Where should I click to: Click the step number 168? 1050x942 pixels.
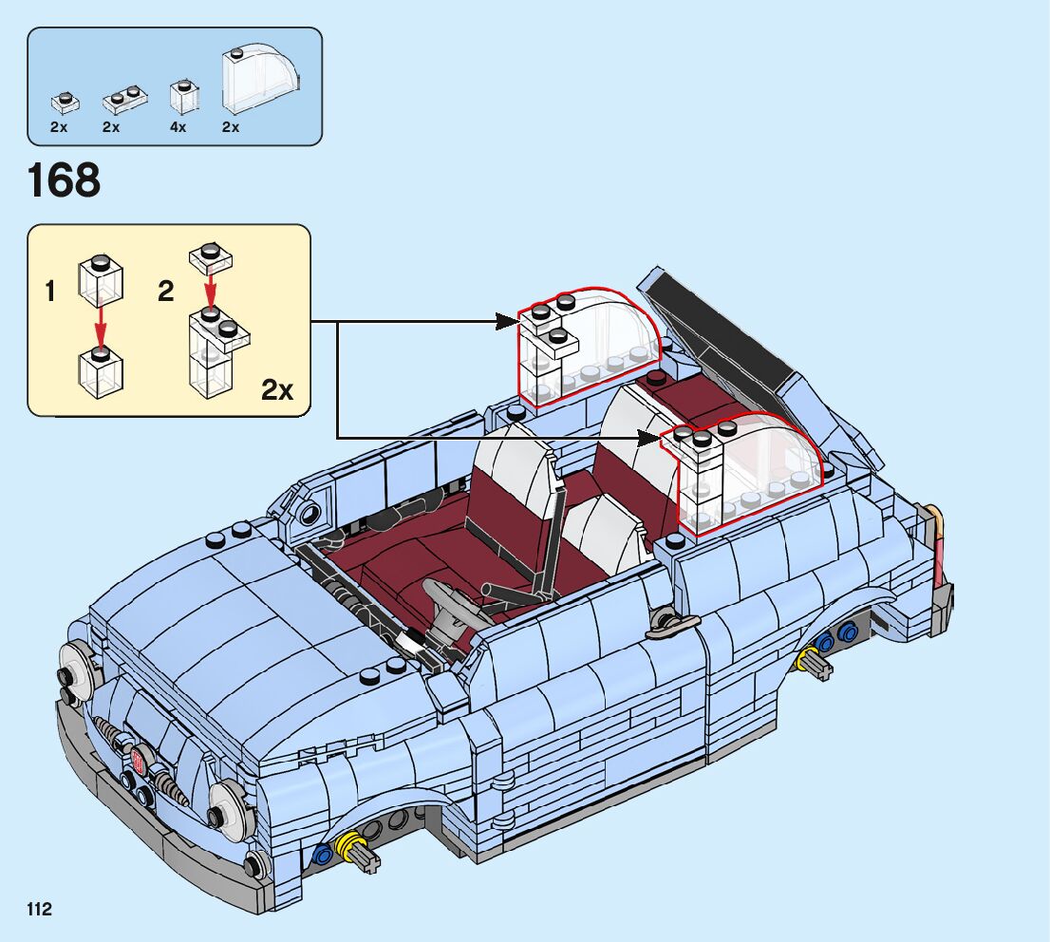pyautogui.click(x=65, y=181)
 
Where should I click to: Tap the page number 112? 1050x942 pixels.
pyautogui.click(x=39, y=910)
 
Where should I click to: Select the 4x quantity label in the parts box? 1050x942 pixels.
pyautogui.click(x=178, y=127)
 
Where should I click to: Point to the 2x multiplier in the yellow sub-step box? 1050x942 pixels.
pyautogui.click(x=277, y=389)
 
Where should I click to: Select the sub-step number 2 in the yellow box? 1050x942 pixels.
pyautogui.click(x=166, y=292)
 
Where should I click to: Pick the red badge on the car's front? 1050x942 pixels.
pyautogui.click(x=139, y=759)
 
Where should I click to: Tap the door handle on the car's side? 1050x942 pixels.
pyautogui.click(x=671, y=623)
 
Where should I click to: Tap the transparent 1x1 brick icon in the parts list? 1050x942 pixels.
pyautogui.click(x=183, y=97)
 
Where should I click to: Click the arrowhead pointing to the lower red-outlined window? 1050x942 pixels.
pyautogui.click(x=651, y=439)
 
